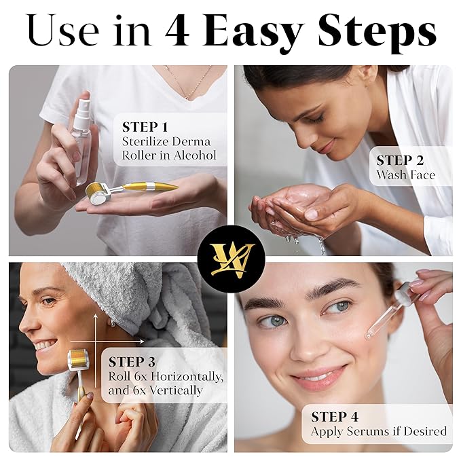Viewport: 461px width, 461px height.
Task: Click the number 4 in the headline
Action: [x=177, y=31]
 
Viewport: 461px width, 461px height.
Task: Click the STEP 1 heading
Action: [x=145, y=127]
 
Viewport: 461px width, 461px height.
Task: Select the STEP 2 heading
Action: [x=400, y=160]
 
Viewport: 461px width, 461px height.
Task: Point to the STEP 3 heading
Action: [x=132, y=362]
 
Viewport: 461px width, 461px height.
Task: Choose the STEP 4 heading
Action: [x=335, y=417]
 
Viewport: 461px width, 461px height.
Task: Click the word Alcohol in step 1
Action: [x=194, y=155]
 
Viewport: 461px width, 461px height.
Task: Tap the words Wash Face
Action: [x=406, y=175]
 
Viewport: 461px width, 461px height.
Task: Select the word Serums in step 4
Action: [x=369, y=431]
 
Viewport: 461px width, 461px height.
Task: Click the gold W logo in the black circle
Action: [x=231, y=259]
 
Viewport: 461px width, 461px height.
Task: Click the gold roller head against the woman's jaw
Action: [x=78, y=358]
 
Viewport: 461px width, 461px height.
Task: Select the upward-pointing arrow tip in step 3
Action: [x=96, y=315]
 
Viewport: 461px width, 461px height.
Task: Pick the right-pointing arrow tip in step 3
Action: [x=143, y=342]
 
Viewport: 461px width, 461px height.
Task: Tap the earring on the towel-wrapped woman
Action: [x=113, y=322]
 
